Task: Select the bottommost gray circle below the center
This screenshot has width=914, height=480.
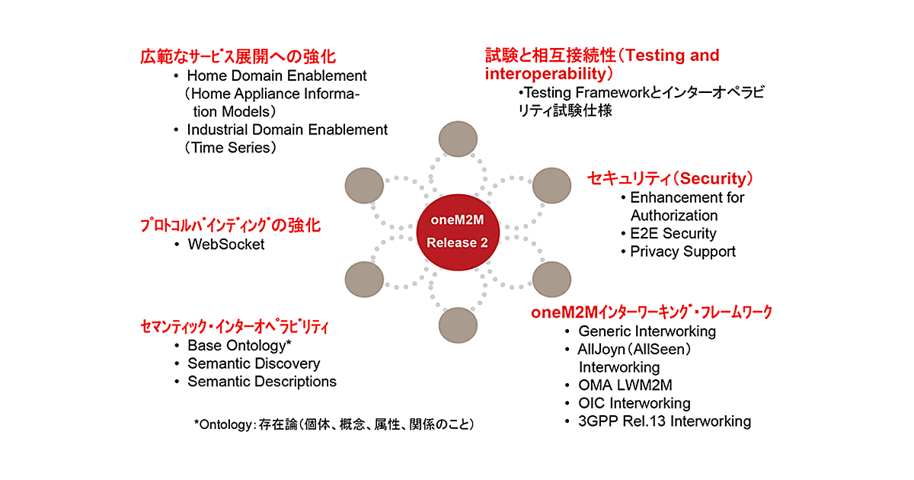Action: click(x=457, y=323)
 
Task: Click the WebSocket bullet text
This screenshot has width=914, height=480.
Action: click(x=225, y=245)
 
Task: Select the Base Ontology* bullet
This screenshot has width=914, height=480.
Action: click(x=239, y=345)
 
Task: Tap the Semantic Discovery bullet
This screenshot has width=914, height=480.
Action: click(x=254, y=363)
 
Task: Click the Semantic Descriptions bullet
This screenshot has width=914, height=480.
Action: click(x=261, y=381)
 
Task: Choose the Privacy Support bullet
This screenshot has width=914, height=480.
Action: click(x=682, y=251)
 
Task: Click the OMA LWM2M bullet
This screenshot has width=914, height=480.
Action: click(x=625, y=385)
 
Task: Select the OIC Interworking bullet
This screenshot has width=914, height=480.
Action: click(x=634, y=403)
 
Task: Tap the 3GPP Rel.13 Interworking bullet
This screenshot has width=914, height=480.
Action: click(x=664, y=421)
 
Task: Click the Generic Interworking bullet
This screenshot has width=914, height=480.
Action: click(x=647, y=331)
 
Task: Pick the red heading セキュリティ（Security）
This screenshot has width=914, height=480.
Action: click(x=670, y=178)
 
